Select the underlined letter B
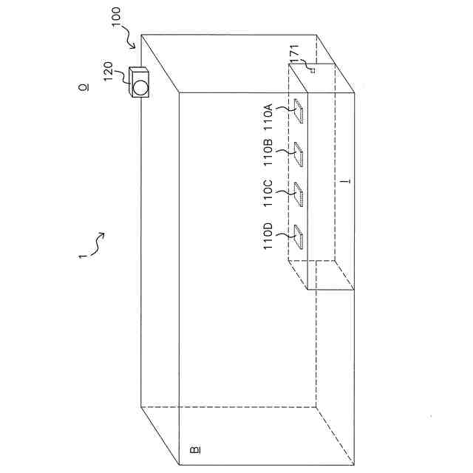point(194,448)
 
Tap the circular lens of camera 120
point(140,86)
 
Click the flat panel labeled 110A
point(300,111)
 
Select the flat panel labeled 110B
point(300,154)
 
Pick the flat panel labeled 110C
point(300,195)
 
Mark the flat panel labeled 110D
point(300,237)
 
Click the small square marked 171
point(313,71)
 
